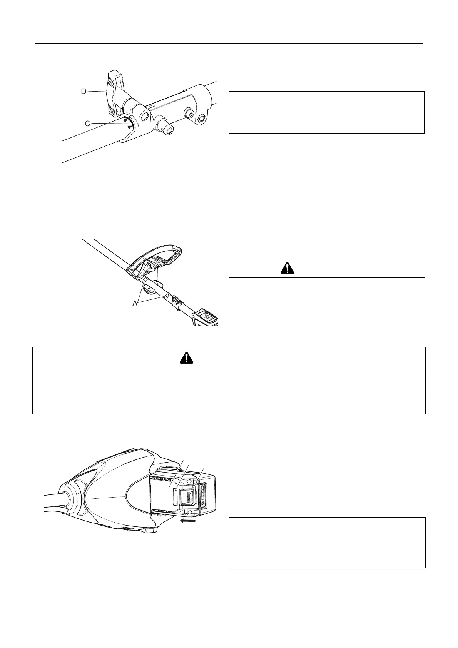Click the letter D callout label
[83, 91]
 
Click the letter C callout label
[88, 123]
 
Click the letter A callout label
[135, 303]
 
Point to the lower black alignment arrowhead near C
[129, 127]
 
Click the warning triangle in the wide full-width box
[187, 358]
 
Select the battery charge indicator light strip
[203, 493]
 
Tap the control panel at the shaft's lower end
[207, 318]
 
